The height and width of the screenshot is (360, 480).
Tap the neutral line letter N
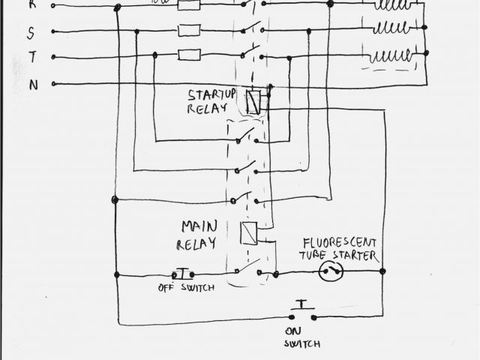pos(33,85)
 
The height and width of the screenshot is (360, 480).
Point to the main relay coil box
pos(249,233)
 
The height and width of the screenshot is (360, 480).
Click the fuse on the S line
pos(187,31)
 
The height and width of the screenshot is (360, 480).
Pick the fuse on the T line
pos(187,54)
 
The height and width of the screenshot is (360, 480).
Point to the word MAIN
pos(196,226)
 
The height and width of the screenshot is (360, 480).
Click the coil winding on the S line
pos(393,29)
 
